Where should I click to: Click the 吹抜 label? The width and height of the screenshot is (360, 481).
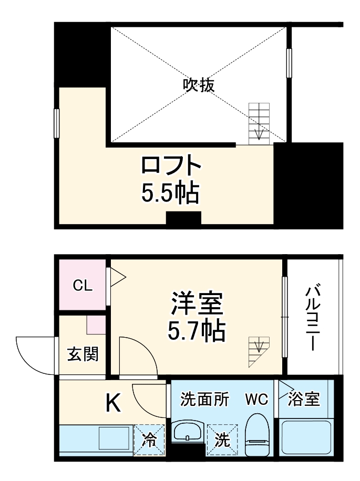coord(199,85)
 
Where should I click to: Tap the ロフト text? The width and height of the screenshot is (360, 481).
coord(171,168)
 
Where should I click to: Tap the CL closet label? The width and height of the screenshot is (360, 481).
coord(83,286)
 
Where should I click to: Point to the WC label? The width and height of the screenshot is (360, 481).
coord(256,400)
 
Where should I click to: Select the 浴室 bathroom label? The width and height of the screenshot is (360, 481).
coord(305,400)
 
